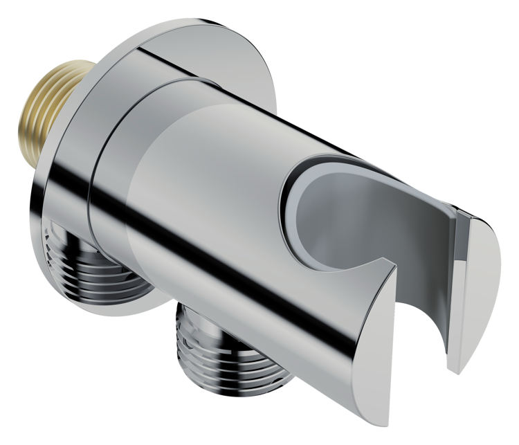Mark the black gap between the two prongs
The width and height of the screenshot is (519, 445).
[422, 305]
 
